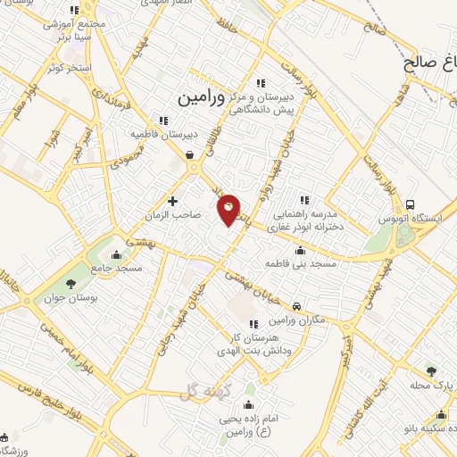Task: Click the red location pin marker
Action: pyautogui.click(x=229, y=209)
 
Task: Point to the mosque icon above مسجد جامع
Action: pyautogui.click(x=116, y=254)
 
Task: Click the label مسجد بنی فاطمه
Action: pyautogui.click(x=300, y=264)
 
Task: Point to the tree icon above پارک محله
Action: pyautogui.click(x=431, y=370)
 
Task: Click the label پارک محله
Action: pyautogui.click(x=432, y=384)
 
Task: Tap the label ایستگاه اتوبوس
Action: pyautogui.click(x=413, y=219)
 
